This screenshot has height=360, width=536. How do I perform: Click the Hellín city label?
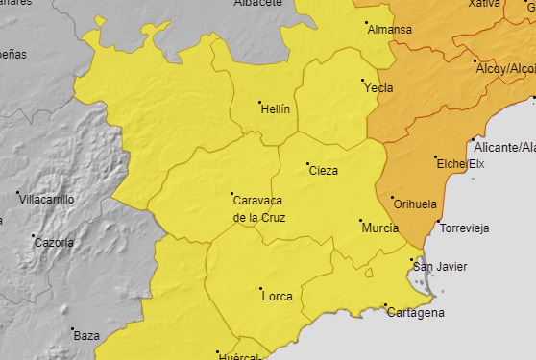click(276, 110)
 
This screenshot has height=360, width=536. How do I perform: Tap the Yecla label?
click(378, 88)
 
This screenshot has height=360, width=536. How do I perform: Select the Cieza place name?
click(323, 172)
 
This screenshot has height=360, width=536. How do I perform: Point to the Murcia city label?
click(379, 228)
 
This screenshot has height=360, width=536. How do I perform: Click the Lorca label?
click(277, 297)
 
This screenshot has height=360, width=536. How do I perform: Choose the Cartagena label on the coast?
click(416, 314)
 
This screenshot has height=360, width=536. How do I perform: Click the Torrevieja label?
click(463, 228)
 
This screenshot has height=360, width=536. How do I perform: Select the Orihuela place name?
click(414, 204)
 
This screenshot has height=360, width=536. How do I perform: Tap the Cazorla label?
click(54, 243)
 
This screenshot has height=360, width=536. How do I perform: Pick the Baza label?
click(86, 335)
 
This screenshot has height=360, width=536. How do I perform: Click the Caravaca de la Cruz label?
click(259, 208)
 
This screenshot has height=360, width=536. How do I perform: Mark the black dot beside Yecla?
click(362, 80)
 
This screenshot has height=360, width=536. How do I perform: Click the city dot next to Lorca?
click(260, 288)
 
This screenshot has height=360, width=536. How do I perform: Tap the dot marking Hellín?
click(259, 102)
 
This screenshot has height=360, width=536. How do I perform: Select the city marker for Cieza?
click(307, 164)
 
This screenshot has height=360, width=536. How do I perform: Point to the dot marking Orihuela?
click(393, 198)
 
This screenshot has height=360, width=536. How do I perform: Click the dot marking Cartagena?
click(385, 306)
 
